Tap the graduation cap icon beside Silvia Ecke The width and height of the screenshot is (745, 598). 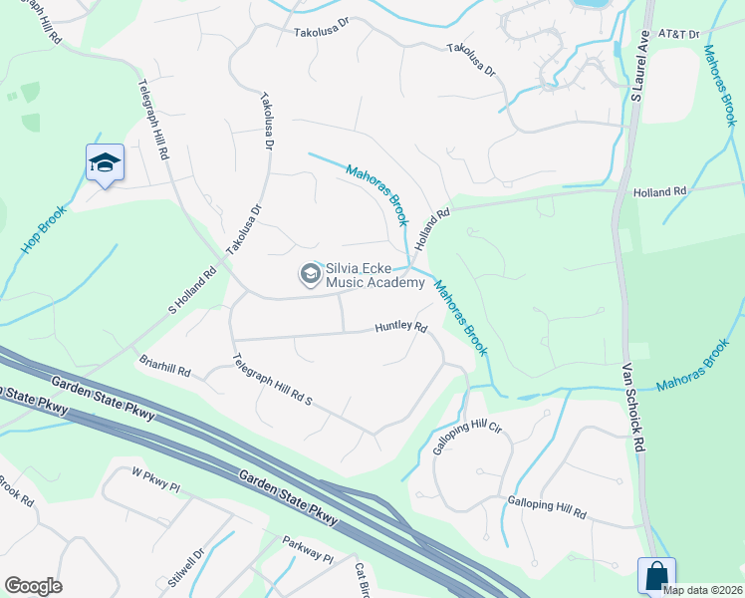point(310,273)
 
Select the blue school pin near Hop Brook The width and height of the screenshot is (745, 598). point(104,164)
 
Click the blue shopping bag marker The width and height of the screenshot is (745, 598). point(656,576)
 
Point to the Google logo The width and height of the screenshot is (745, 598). point(33,586)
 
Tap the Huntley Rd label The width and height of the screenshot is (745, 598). point(400,327)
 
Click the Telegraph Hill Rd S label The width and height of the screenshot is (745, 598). point(272,380)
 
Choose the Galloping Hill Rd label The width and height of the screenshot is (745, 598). point(546,506)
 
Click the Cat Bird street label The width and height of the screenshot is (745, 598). point(363,580)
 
